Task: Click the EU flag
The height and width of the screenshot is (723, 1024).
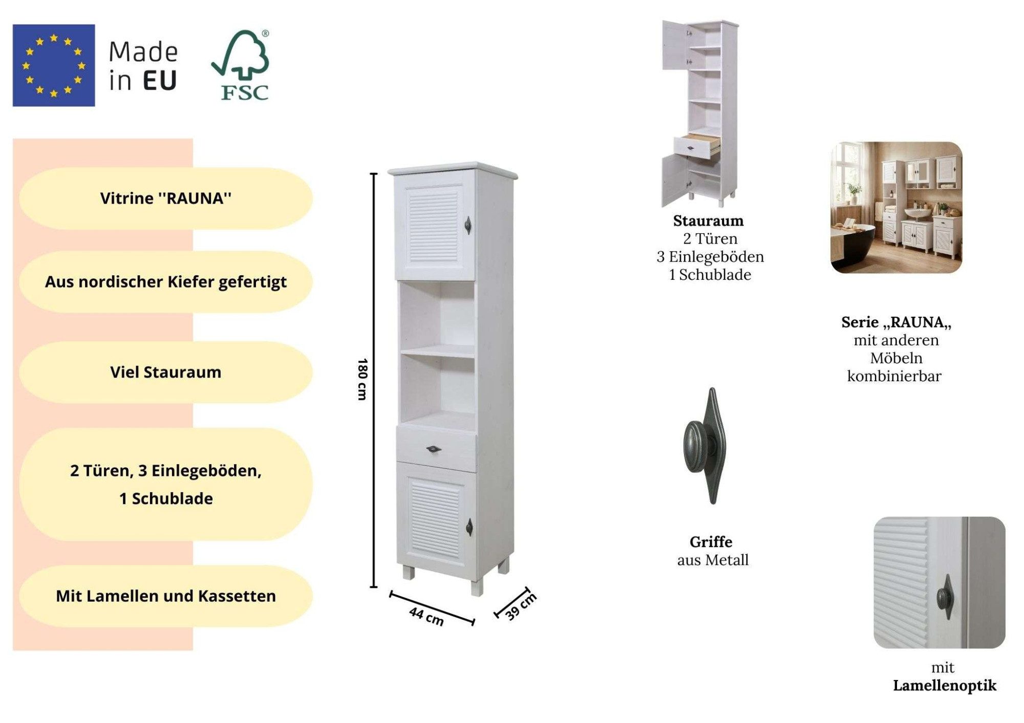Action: click(x=54, y=65)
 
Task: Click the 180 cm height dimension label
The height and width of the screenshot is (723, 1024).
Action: click(x=362, y=379)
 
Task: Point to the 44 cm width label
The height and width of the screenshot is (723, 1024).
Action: click(x=426, y=616)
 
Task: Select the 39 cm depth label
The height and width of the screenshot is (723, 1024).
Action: click(x=521, y=606)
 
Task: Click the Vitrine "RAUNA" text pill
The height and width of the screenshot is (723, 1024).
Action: click(x=166, y=199)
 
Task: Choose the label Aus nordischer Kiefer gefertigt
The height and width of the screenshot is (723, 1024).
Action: click(x=166, y=282)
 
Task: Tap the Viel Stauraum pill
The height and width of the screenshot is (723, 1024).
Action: click(x=166, y=372)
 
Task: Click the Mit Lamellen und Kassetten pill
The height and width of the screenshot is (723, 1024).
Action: click(x=166, y=596)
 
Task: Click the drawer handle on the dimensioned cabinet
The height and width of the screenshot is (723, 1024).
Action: click(x=434, y=449)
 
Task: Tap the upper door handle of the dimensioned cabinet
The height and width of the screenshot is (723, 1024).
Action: click(x=467, y=225)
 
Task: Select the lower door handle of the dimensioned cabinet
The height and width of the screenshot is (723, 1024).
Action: click(x=469, y=527)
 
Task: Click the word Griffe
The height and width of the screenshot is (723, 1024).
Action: click(x=711, y=542)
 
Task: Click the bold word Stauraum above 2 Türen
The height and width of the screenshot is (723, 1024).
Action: click(x=708, y=221)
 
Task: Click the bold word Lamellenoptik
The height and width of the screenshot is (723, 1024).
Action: click(x=945, y=686)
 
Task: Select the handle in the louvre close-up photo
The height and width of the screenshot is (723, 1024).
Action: click(x=945, y=597)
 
